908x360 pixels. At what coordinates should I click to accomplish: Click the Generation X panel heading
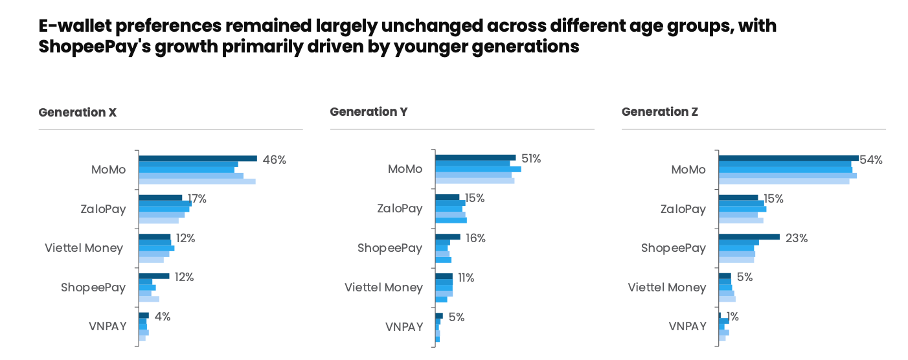[x=78, y=112]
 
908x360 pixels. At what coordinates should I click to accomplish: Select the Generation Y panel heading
[x=369, y=112]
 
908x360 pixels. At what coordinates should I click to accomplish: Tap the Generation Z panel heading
[x=660, y=112]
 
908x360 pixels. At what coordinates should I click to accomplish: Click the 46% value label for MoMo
[x=274, y=159]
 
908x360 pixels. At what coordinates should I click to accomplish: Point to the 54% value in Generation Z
[x=871, y=160]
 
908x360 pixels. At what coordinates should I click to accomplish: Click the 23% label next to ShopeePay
[x=797, y=238]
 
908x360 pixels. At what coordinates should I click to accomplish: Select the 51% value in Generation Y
[x=531, y=159]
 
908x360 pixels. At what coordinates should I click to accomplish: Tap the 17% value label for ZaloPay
[x=196, y=199]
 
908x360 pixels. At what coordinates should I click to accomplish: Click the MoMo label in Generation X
[x=108, y=170]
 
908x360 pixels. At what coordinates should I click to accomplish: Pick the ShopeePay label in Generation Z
[x=674, y=248]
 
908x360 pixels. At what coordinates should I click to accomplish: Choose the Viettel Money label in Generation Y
[x=383, y=287]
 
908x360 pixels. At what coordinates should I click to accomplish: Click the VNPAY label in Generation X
[x=107, y=326]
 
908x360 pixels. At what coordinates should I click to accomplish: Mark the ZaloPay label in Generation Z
[x=683, y=209]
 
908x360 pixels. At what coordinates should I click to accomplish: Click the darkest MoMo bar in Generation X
[x=198, y=159]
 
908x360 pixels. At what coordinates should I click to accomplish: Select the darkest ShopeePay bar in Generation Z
[x=749, y=237]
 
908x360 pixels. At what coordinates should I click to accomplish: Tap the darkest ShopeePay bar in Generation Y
[x=448, y=237]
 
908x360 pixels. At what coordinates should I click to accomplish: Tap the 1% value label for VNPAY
[x=732, y=317]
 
